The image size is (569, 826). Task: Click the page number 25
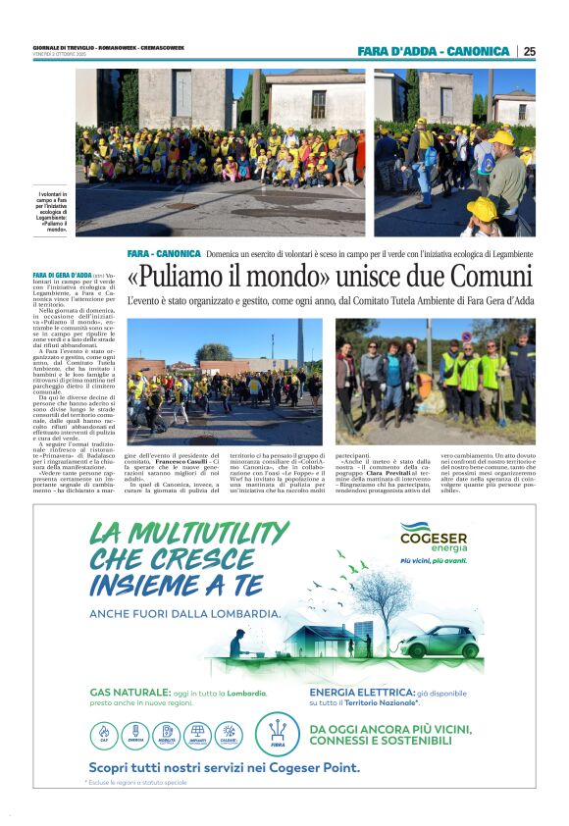pyautogui.click(x=529, y=51)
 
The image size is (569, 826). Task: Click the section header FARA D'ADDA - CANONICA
pyautogui.click(x=433, y=51)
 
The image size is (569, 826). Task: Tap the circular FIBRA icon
pyautogui.click(x=277, y=733)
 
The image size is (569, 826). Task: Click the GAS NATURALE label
pyautogui.click(x=130, y=692)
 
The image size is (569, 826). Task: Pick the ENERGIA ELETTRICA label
pyautogui.click(x=359, y=692)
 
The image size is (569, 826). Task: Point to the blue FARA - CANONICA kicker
pyautogui.click(x=164, y=253)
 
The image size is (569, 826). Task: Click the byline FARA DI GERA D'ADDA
pyautogui.click(x=62, y=276)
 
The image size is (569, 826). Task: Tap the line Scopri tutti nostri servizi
pyautogui.click(x=224, y=767)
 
